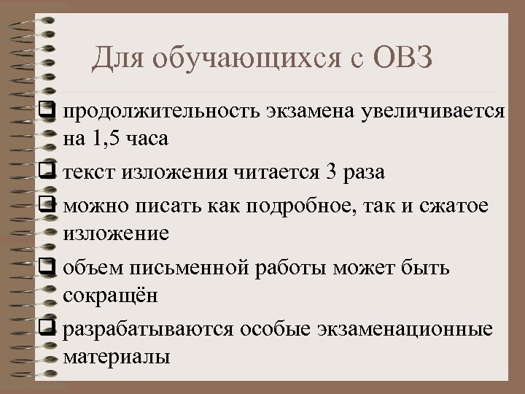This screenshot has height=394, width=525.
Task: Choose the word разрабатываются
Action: coord(149,329)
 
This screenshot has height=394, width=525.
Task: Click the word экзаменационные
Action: coord(407,329)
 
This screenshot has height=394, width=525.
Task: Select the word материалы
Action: coord(117,357)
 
